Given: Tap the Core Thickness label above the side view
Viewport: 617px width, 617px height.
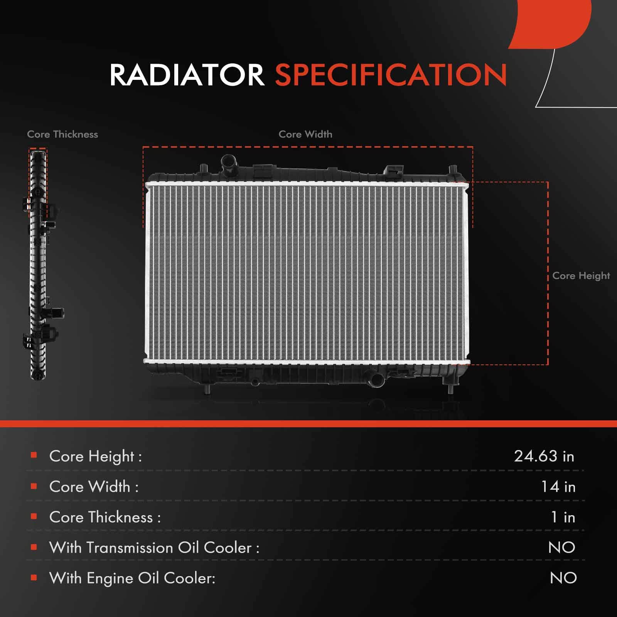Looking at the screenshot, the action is coord(62,134).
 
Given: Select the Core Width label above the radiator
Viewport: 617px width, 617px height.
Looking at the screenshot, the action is coord(305,134).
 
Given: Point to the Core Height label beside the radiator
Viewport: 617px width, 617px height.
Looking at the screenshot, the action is coord(581,276).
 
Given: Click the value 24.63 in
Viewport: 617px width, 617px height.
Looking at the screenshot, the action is coord(544,456).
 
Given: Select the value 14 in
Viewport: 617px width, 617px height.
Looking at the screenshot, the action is coord(558,487).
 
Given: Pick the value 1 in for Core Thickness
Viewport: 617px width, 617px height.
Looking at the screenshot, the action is coord(563,517).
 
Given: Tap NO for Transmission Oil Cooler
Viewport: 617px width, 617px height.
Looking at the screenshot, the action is coord(562,548).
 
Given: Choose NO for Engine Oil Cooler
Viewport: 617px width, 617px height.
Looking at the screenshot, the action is coord(563,578).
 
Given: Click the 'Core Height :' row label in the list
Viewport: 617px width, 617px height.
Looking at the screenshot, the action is coord(96,457).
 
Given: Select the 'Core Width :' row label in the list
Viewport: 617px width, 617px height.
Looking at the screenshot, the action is coord(94,487).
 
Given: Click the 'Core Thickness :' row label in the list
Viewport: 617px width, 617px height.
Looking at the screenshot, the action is coord(105,517).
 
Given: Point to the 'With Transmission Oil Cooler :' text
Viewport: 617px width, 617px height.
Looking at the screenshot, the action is coord(154,548).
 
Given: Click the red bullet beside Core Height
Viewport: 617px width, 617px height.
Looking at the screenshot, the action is coord(34,455).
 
